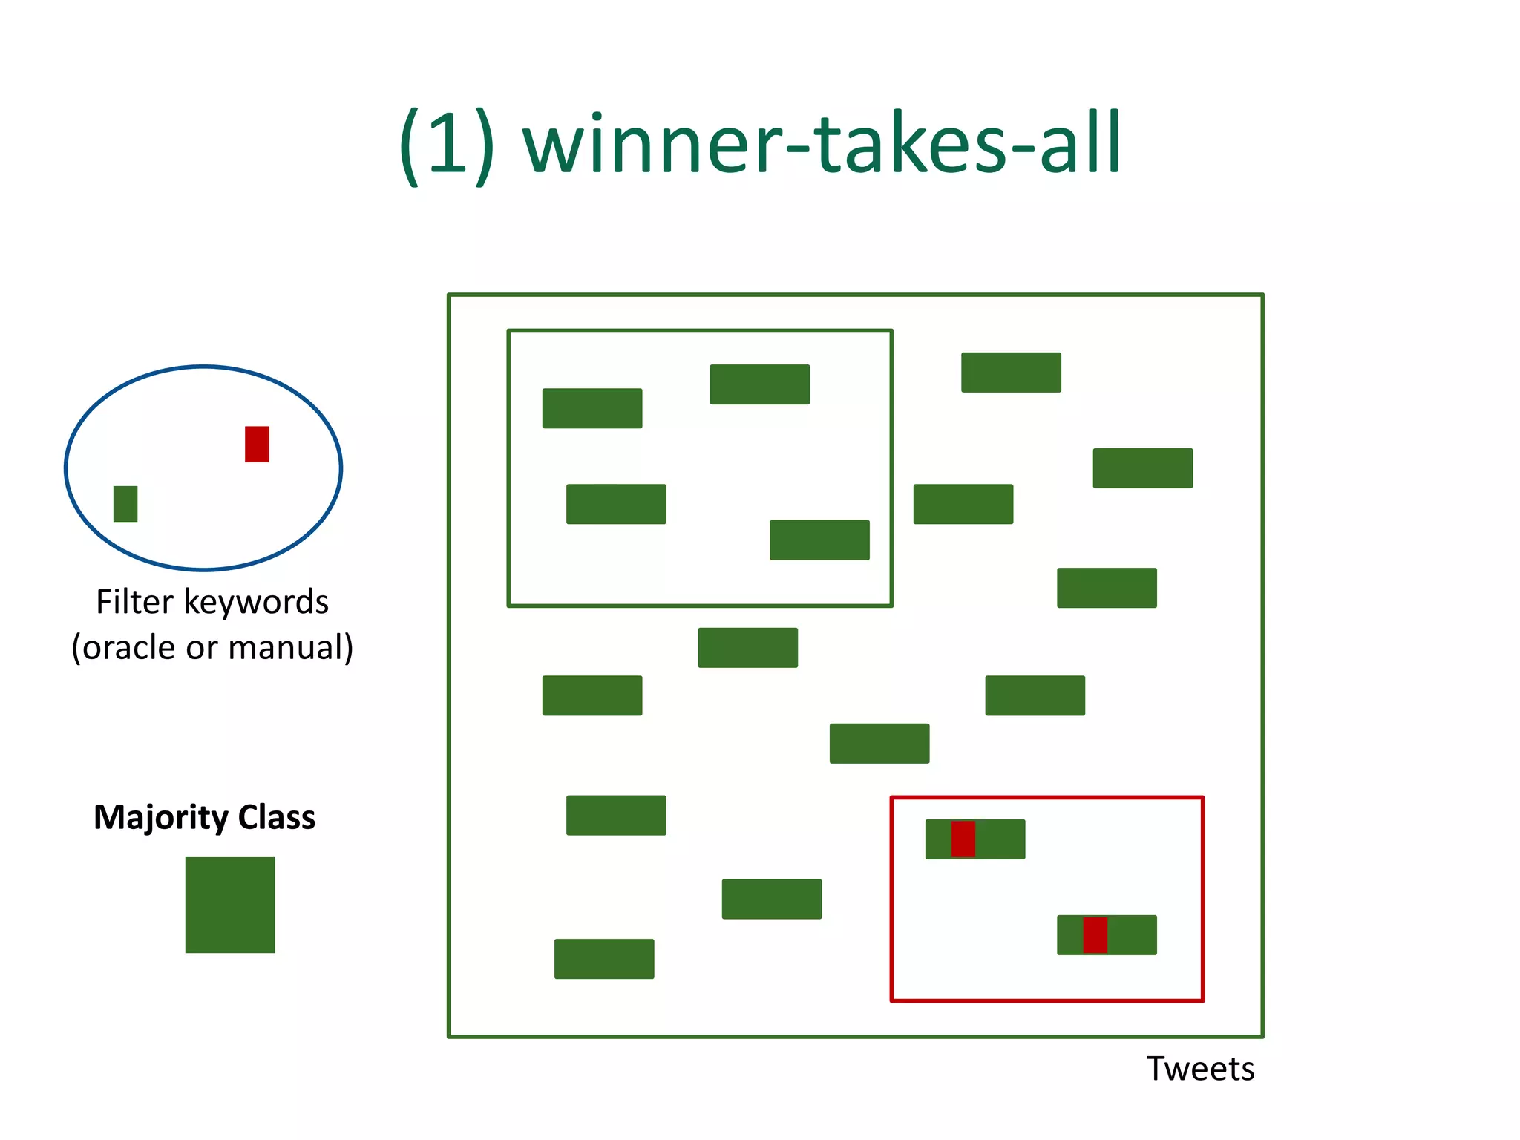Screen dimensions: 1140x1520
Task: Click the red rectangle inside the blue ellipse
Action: (257, 444)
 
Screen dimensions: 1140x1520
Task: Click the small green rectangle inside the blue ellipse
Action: (125, 504)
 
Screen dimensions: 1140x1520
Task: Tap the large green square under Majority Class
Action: (230, 905)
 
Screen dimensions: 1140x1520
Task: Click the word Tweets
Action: (1200, 1069)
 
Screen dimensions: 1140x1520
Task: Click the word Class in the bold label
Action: (277, 817)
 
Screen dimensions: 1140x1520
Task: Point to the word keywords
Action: (256, 602)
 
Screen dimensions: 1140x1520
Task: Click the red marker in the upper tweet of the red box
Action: (963, 839)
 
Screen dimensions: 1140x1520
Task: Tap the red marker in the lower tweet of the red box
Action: (1095, 935)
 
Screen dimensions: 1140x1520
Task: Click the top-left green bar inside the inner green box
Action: (592, 408)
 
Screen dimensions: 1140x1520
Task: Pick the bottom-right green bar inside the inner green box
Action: (819, 540)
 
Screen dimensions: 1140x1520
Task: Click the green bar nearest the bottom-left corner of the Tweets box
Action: (604, 959)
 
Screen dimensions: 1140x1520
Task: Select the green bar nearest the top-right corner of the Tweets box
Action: (1143, 468)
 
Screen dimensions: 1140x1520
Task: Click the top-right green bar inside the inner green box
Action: (759, 384)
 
